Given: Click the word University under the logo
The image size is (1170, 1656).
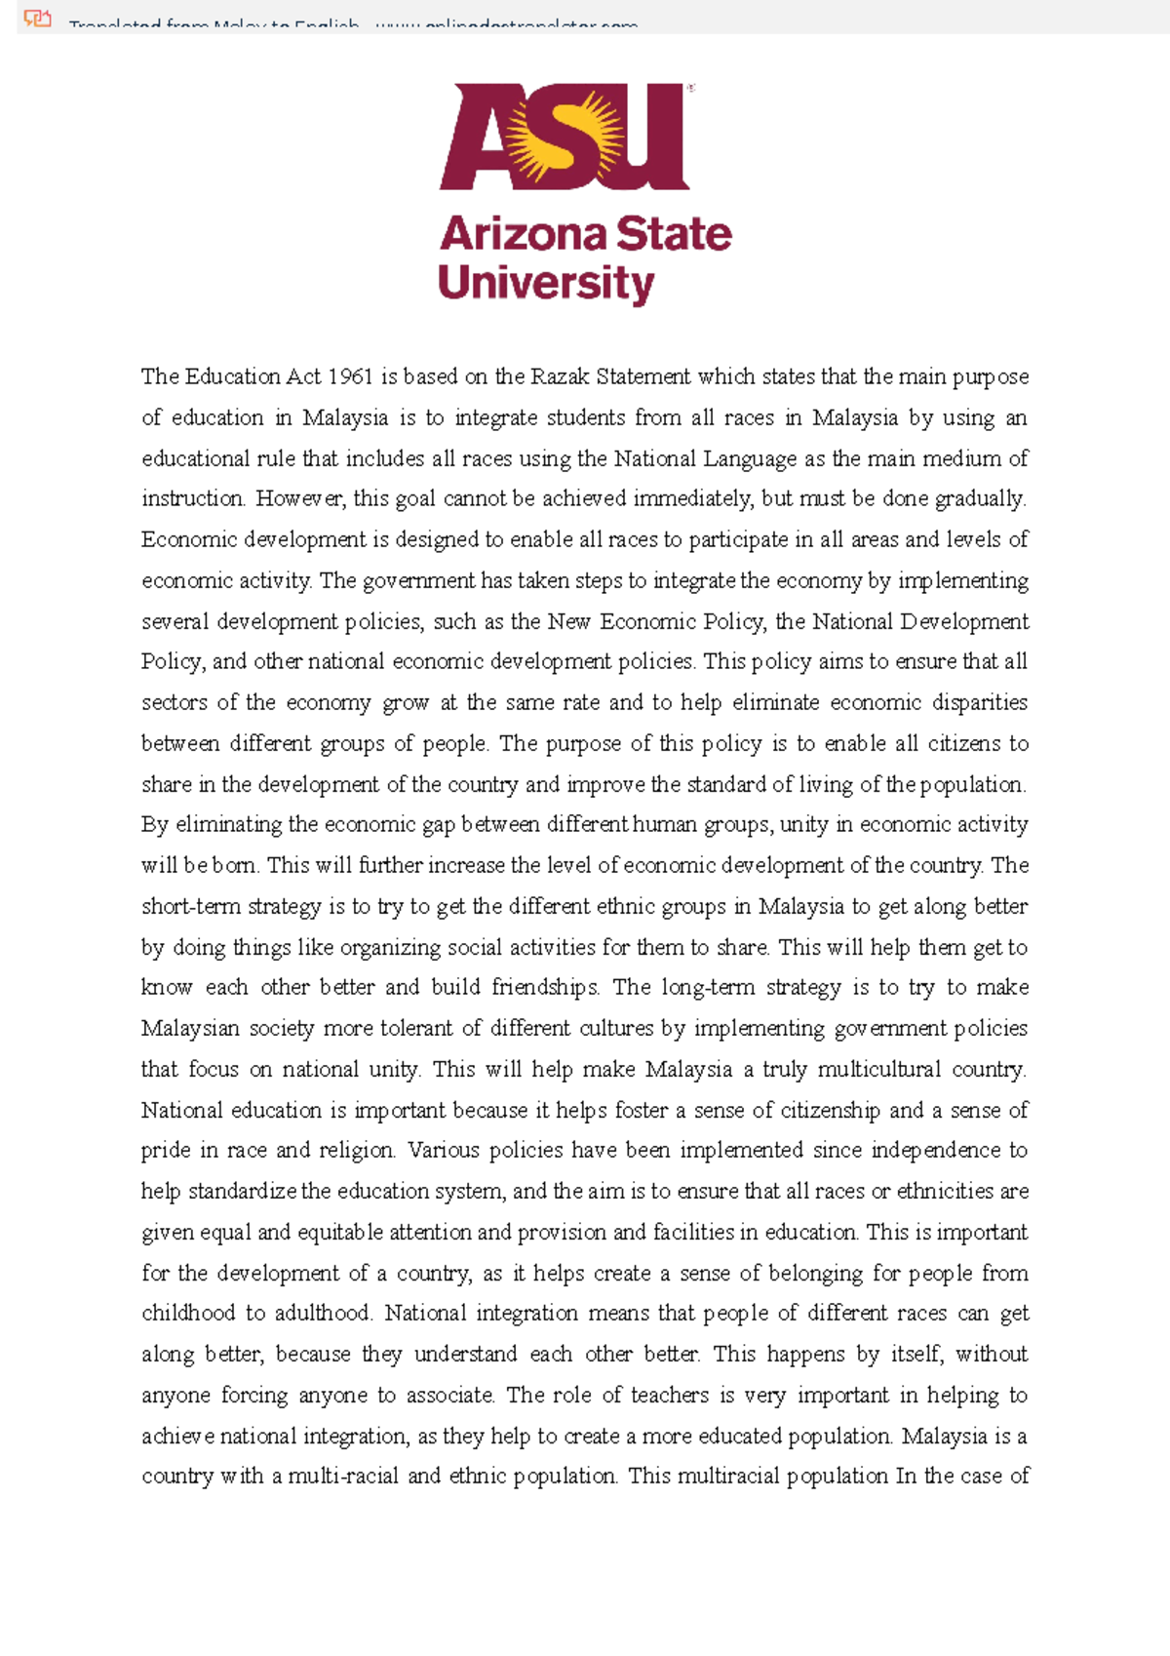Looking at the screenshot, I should click(x=546, y=284).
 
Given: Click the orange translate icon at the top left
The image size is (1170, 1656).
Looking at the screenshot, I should click(x=37, y=18).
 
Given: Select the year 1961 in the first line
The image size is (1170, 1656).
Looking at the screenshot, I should click(x=350, y=376).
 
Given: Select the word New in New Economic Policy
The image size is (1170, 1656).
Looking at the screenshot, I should click(x=568, y=621).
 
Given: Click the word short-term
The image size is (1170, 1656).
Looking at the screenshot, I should click(x=189, y=906).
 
